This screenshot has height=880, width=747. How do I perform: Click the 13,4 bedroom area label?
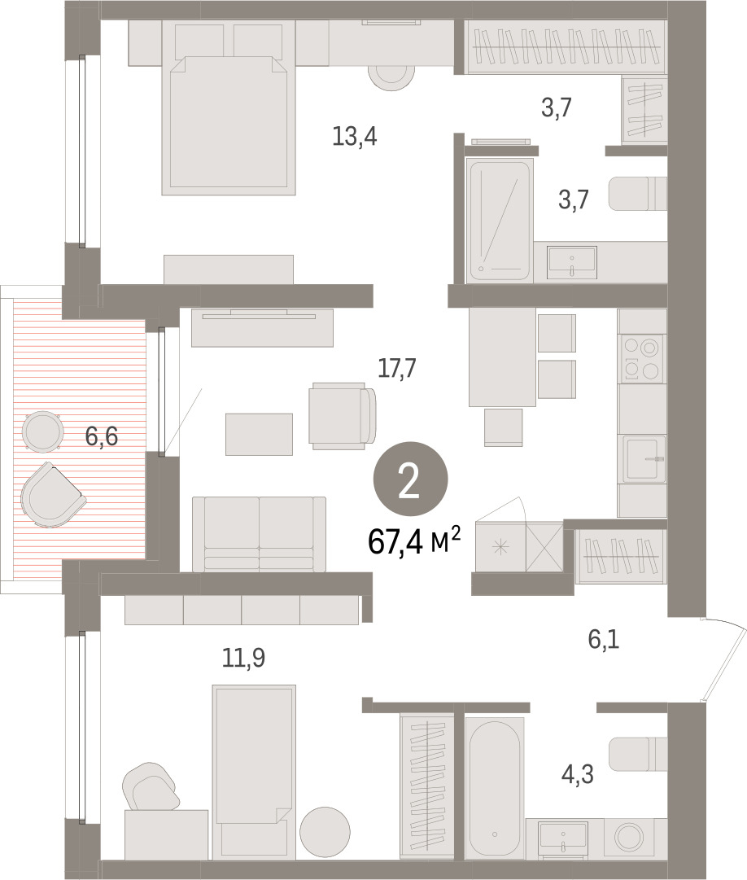pyautogui.click(x=355, y=137)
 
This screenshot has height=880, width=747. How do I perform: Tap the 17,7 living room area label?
pyautogui.click(x=396, y=368)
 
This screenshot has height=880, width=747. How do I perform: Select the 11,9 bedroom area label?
pyautogui.click(x=243, y=658)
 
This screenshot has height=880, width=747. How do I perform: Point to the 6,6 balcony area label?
pyautogui.click(x=102, y=436)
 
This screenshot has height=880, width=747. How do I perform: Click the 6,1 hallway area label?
pyautogui.click(x=604, y=639)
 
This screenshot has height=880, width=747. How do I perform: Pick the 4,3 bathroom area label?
pyautogui.click(x=577, y=774)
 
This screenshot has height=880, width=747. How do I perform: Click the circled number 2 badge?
pyautogui.click(x=410, y=479)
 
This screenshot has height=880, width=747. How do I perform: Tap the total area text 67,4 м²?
pyautogui.click(x=414, y=541)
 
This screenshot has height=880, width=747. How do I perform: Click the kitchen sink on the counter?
pyautogui.click(x=643, y=458)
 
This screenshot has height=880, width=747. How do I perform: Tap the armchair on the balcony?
pyautogui.click(x=53, y=495)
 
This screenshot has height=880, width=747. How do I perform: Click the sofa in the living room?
pyautogui.click(x=259, y=534)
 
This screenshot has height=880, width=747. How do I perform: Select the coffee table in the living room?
pyautogui.click(x=259, y=435)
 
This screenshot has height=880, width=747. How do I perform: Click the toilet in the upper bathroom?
pyautogui.click(x=638, y=194)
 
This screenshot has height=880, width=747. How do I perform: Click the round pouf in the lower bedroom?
pyautogui.click(x=325, y=832)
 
